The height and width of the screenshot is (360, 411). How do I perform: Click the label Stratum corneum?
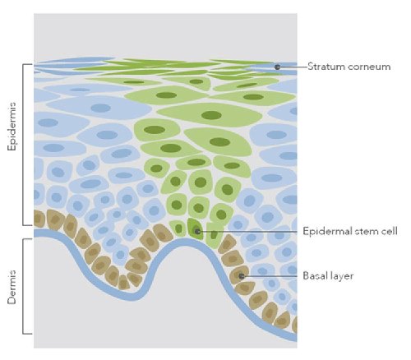coord(349,67)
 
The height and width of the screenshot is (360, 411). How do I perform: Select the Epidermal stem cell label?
coord(350,231)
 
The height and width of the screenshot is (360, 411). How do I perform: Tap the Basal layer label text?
coord(328,275)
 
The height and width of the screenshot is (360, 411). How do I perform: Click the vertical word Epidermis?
coord(12,127)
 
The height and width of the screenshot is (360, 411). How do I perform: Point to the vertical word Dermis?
coord(12,287)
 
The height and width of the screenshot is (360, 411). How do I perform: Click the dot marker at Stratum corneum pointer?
coord(277,67)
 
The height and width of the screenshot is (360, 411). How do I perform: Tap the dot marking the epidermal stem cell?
coord(197,232)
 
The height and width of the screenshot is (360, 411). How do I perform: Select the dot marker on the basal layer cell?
coord(242,276)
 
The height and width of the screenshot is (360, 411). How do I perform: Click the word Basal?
coord(315,275)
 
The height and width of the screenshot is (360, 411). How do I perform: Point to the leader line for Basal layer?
coord(270,276)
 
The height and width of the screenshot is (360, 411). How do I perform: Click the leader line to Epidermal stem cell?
coord(248,232)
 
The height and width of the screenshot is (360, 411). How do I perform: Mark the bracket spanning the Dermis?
coord(25,286)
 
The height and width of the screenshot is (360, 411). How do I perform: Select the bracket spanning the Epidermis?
coord(25,145)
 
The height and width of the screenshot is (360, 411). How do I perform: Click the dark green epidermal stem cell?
coord(196,228)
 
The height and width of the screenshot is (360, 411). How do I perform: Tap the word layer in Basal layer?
coord(342,276)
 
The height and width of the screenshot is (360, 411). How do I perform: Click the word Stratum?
coord(323,67)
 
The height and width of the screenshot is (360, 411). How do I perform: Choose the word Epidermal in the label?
coord(327,232)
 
